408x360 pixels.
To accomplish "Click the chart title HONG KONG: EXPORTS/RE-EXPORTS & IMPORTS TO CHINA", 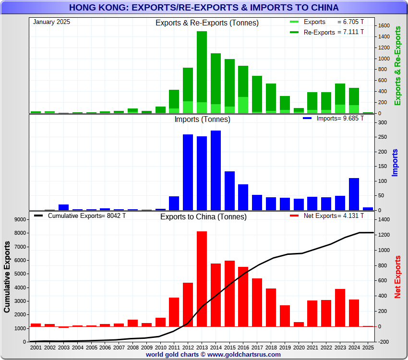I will [x=204, y=8].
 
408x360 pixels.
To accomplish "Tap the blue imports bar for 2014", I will [x=216, y=170].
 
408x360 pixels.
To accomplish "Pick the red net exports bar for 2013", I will [x=202, y=278].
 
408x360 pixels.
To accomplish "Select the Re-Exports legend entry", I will [x=326, y=32].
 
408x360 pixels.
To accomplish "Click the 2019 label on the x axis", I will [x=285, y=347].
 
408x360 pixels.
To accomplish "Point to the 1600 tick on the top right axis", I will [x=384, y=25].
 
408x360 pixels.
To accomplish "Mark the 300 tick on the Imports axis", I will [x=383, y=122].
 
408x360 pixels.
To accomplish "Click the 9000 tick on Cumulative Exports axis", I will [x=21, y=220].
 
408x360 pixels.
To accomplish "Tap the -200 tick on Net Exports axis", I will [x=383, y=342].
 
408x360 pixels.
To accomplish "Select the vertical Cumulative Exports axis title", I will [x=7, y=277].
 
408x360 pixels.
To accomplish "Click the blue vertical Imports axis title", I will [x=396, y=163].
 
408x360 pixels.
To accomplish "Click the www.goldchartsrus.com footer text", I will [x=244, y=354].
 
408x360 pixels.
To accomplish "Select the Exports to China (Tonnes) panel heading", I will [x=204, y=216].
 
